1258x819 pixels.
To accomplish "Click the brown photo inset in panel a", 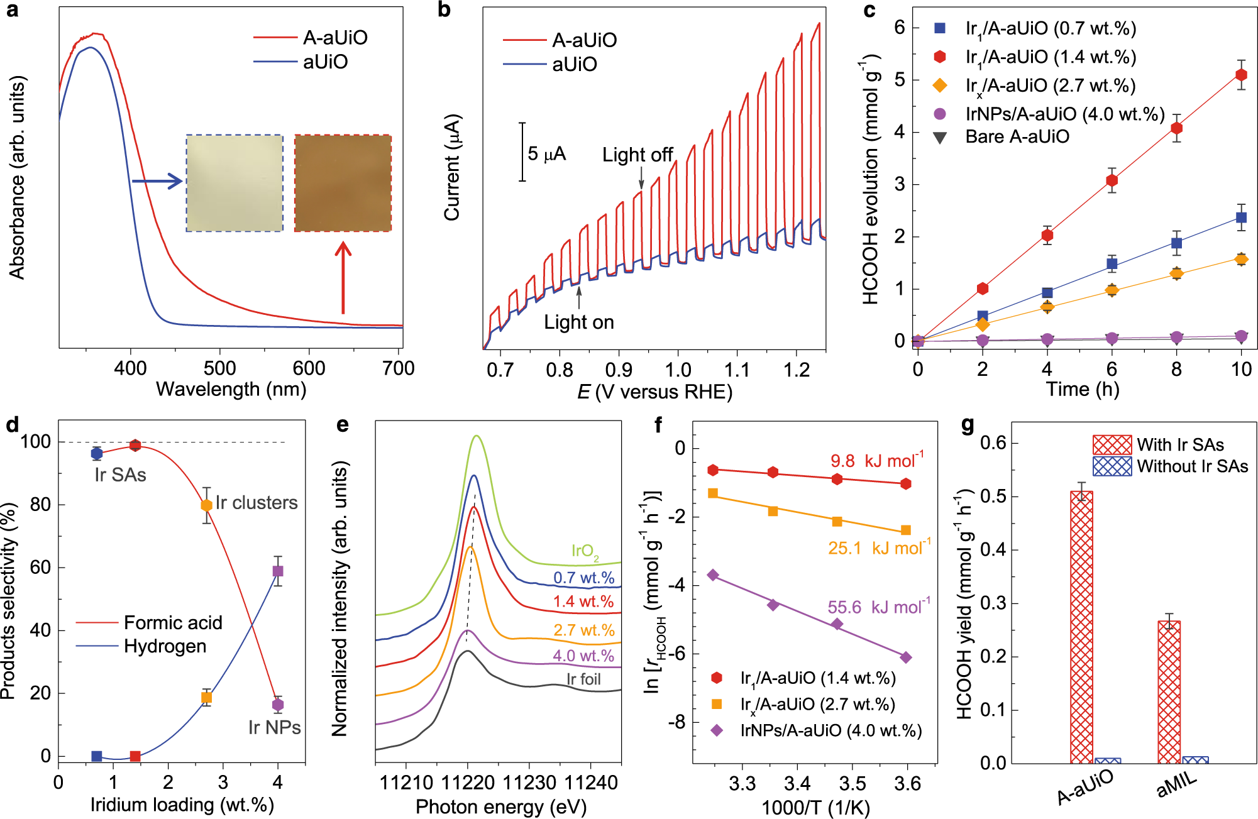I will [343, 183].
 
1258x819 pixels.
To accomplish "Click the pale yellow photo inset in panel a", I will [234, 183].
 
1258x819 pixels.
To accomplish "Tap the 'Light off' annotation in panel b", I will [637, 155].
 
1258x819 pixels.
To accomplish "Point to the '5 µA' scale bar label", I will [546, 154].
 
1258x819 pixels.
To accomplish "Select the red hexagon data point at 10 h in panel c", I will [1241, 75].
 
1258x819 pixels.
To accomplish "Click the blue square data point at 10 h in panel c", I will [1241, 217].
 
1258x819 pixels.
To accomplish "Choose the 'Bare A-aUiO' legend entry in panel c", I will [1017, 137].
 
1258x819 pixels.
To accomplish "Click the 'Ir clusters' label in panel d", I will [257, 503].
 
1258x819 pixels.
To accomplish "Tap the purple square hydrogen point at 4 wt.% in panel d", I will [278, 571].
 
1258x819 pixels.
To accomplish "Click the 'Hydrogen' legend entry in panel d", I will [165, 646].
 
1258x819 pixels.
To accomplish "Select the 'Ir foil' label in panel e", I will [583, 679].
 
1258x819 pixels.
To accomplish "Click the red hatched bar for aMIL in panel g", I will [1169, 691].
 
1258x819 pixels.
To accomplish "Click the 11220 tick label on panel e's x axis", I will [467, 783].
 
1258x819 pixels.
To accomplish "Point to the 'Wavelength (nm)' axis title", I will [231, 390].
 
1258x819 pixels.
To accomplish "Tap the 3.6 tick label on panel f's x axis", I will [907, 784].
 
